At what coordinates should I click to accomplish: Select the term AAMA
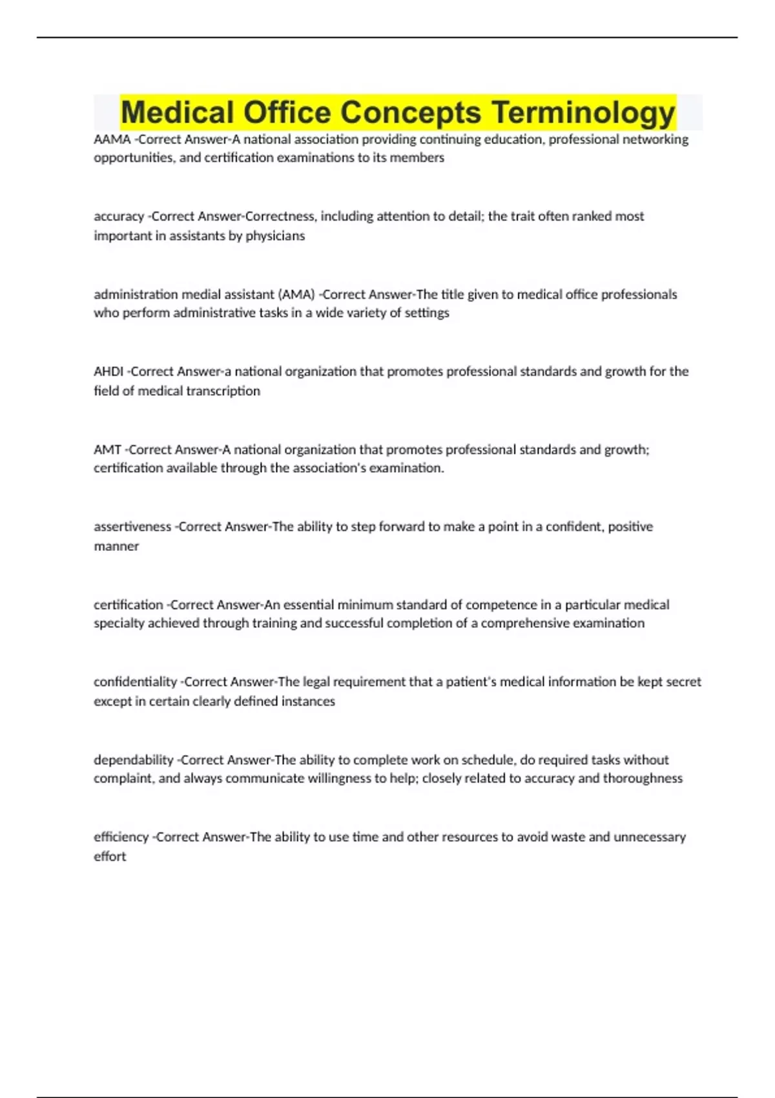(x=112, y=140)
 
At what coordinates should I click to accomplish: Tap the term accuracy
(x=119, y=216)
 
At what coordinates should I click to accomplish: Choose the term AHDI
(x=108, y=371)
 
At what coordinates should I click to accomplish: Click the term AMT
(x=107, y=450)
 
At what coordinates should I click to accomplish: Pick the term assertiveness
(x=132, y=527)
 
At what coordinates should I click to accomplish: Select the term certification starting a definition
(x=129, y=605)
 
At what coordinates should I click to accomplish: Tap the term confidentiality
(x=135, y=682)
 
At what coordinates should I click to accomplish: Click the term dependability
(x=134, y=760)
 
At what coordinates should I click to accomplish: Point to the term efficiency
(x=121, y=837)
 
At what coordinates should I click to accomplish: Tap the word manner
(x=116, y=546)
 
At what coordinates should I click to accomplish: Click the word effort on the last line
(x=110, y=856)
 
